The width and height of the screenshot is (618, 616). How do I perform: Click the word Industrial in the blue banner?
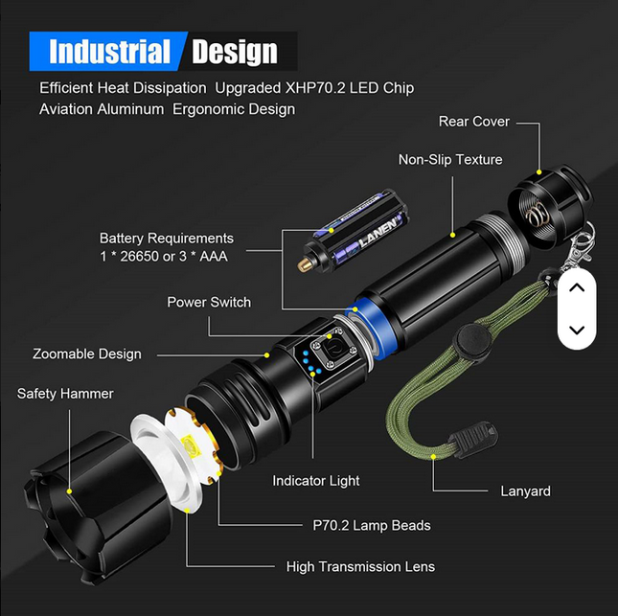tap(109, 52)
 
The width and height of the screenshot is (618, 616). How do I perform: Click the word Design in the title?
tap(235, 52)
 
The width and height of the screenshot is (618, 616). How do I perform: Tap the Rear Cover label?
tap(473, 122)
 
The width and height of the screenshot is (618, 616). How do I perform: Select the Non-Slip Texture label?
tap(450, 160)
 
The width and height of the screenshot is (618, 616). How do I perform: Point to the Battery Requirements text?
tap(167, 239)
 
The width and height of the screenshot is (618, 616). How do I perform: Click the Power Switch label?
tap(209, 303)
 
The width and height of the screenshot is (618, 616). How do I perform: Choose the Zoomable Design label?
tap(86, 354)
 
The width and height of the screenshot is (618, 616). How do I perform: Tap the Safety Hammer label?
tap(65, 394)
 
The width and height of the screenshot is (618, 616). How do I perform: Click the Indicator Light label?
tap(315, 481)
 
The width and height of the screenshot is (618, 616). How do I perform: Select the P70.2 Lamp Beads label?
tap(372, 525)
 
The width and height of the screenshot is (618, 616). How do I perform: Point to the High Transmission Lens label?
tap(360, 567)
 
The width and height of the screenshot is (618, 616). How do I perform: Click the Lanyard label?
tap(525, 491)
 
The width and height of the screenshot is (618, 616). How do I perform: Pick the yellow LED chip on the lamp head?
tap(190, 445)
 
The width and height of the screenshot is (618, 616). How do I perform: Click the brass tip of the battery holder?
tap(304, 265)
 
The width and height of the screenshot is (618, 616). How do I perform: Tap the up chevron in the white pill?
tap(577, 287)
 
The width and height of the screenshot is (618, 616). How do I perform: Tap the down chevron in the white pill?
tap(577, 330)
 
